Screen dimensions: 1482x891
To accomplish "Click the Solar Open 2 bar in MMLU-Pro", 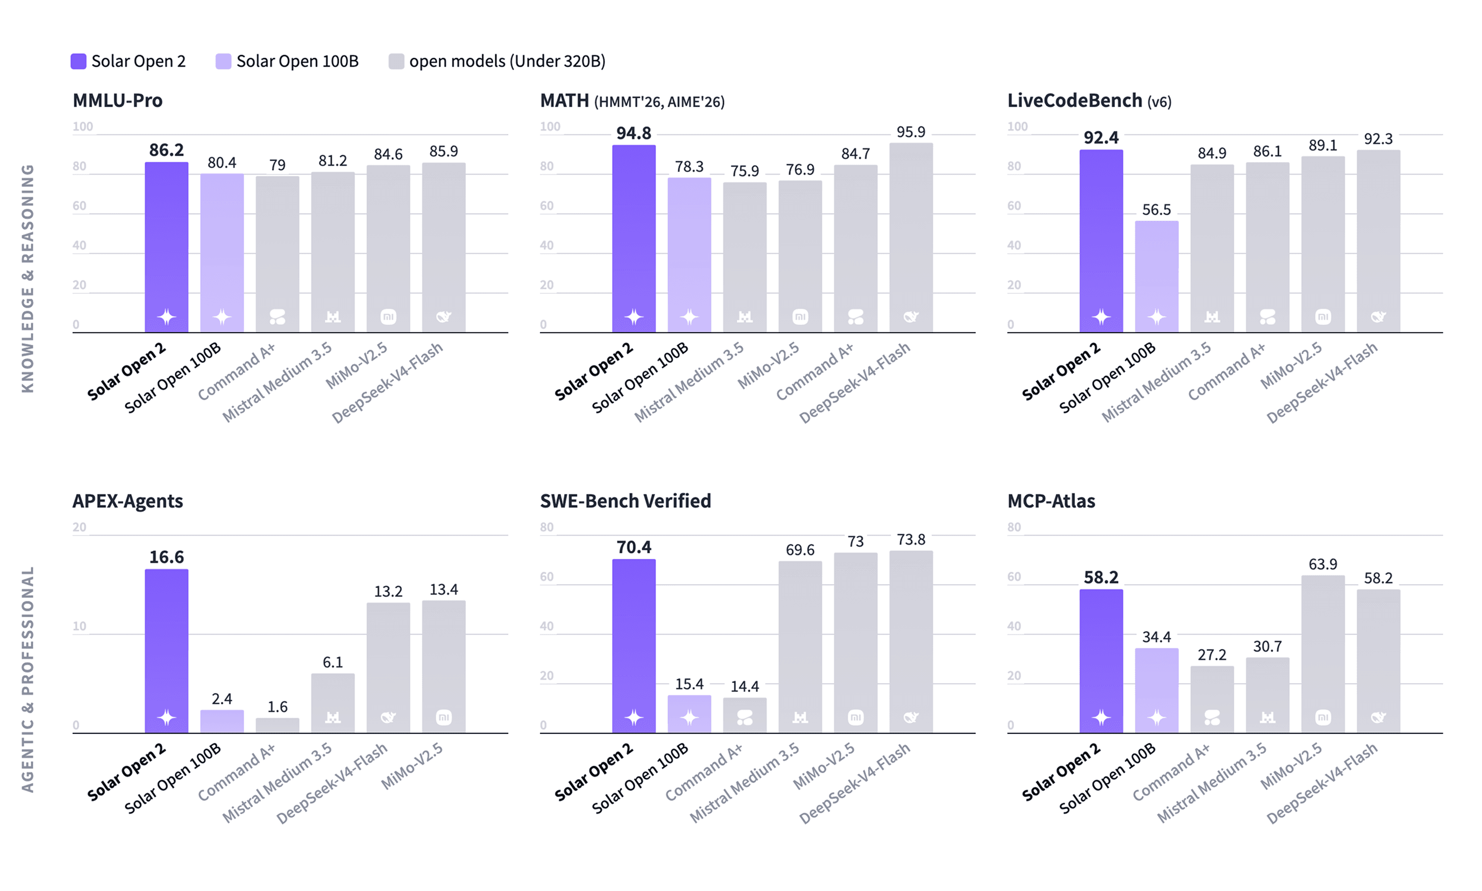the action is (166, 247).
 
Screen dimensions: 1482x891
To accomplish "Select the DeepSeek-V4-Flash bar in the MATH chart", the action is (911, 237).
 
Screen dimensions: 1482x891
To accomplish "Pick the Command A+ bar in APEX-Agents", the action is (277, 725).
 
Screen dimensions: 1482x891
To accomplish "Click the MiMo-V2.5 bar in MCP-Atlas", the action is (1323, 654).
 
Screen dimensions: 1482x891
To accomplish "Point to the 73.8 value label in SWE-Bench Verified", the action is (911, 539).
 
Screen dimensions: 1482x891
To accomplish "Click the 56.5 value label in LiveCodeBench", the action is (1156, 210).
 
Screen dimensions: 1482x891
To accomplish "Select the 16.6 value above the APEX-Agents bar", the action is (166, 556).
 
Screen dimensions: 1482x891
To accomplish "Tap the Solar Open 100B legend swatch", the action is (223, 61).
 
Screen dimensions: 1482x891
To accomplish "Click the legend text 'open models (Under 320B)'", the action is (507, 61).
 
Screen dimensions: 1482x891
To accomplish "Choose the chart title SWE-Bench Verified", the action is (625, 501).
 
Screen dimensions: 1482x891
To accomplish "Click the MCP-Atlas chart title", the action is (1051, 501).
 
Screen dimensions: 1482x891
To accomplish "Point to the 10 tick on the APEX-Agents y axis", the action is (80, 626).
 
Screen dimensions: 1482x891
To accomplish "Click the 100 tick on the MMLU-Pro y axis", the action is (83, 127).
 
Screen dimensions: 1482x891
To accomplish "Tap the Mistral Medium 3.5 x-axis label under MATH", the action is (689, 382).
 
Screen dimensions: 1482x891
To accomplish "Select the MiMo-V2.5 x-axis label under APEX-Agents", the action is (412, 766).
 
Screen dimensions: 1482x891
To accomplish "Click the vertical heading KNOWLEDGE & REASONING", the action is (28, 278).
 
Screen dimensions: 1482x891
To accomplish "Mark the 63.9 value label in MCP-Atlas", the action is (1323, 565).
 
